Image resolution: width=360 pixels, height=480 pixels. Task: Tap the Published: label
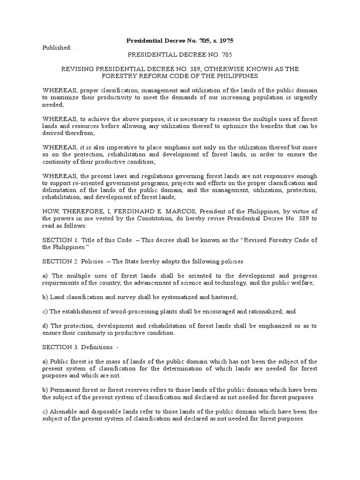tap(57, 47)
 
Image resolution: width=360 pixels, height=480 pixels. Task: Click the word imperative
tap(119, 147)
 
